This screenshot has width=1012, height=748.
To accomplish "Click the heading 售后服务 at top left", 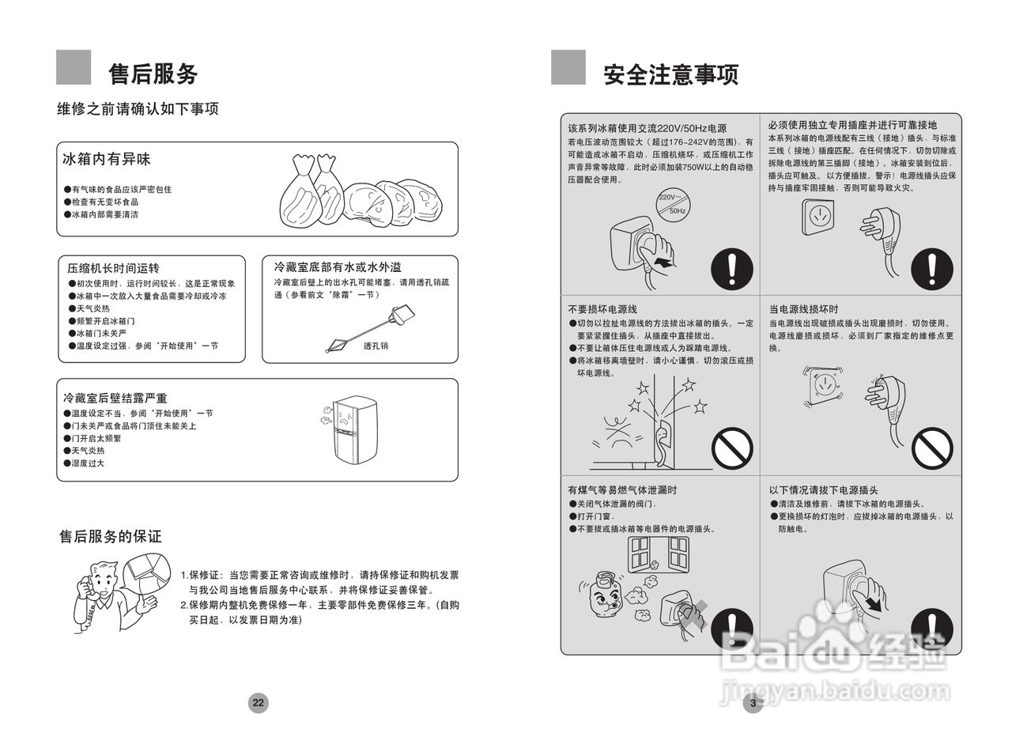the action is coord(153,74).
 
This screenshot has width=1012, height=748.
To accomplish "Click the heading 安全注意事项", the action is coord(670,74).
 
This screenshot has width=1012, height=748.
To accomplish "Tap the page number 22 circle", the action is coord(259,702).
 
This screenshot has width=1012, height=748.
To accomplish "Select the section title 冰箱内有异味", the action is coord(107,160).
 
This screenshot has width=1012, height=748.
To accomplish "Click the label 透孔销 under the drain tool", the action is coord(376,346).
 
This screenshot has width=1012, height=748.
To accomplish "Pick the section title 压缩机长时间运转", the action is coord(113,269).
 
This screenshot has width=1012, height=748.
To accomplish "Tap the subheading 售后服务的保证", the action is coord(111,537).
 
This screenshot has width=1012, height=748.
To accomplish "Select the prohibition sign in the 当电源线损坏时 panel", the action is coord(932,448).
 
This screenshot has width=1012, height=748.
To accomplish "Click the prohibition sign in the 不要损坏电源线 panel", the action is coord(732,448).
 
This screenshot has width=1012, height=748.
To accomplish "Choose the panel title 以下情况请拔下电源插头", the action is coord(823,490).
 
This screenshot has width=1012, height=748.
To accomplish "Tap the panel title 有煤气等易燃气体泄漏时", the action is coord(622,490).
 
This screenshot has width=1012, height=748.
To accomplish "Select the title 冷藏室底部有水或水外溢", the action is coord(338,267).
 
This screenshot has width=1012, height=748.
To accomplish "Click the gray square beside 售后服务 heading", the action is coord(74,67).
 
